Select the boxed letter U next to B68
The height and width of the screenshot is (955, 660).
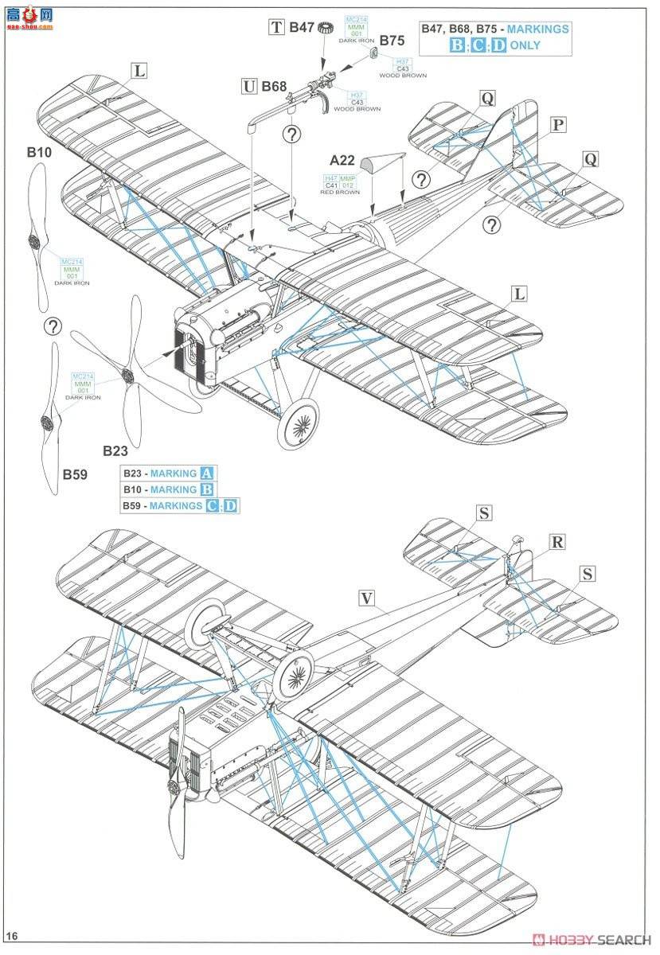[248, 85]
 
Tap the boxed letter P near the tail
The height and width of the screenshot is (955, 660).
[558, 125]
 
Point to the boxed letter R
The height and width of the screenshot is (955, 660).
[557, 542]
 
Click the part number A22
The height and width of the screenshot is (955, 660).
[342, 160]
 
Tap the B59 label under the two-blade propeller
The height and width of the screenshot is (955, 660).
[76, 475]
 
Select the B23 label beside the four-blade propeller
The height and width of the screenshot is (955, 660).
[115, 450]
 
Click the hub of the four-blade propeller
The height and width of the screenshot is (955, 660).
[127, 374]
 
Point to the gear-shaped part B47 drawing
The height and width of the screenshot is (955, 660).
[324, 28]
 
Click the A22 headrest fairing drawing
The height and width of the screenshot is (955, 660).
[372, 165]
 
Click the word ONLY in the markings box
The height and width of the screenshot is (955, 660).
[525, 45]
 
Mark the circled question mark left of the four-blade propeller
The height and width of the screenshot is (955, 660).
[53, 325]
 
